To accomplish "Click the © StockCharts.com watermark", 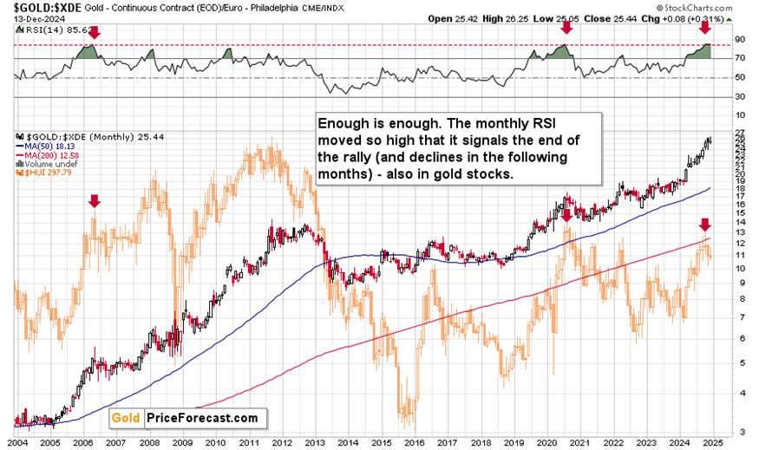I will coord(706,7).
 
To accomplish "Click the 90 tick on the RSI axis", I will coord(740,40).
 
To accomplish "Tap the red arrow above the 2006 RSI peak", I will coord(95,32).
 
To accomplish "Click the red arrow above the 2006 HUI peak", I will coord(95,201).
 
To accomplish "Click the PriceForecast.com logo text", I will coord(202,418).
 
